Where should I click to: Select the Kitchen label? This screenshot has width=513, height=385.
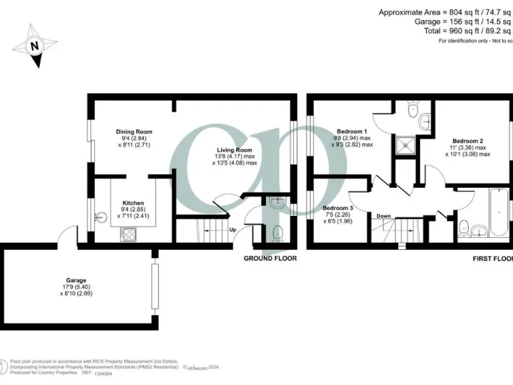(x=133, y=203)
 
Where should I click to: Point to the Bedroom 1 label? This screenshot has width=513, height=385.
(x=352, y=131)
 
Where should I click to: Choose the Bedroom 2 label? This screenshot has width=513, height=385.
(x=468, y=141)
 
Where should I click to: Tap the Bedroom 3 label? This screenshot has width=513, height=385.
(x=338, y=209)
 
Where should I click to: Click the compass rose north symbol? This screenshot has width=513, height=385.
(x=34, y=45)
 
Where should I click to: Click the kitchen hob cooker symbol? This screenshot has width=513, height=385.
(x=128, y=234)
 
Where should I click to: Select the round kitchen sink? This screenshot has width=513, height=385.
(x=101, y=217)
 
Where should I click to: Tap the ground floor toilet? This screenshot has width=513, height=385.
(x=278, y=233)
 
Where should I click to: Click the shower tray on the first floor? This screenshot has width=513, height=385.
(x=405, y=144)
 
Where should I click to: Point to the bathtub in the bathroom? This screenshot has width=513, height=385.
(x=498, y=213)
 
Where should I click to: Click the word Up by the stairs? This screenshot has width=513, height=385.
(x=232, y=230)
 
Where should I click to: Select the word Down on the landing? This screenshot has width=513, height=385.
(x=383, y=216)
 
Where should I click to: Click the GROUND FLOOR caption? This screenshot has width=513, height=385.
(x=270, y=258)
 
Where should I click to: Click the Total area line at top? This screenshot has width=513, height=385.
(x=468, y=31)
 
